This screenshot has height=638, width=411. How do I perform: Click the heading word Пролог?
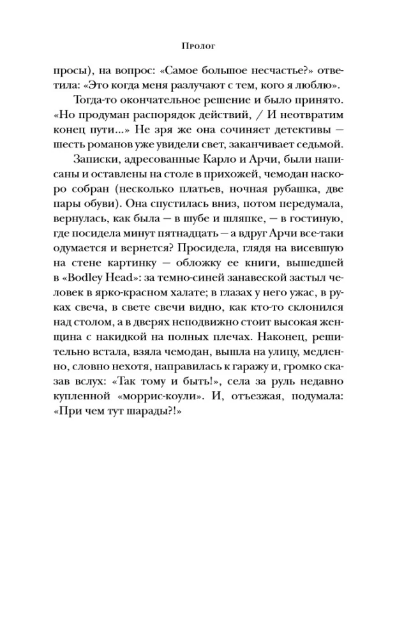pos(205,47)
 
